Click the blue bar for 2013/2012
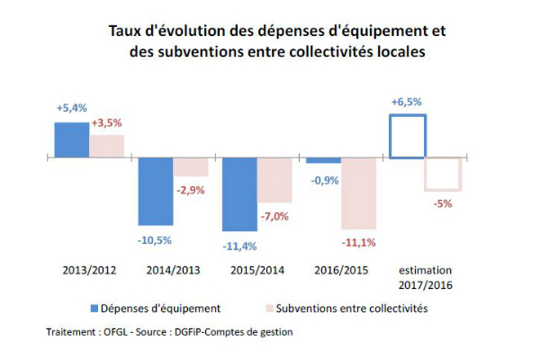72,139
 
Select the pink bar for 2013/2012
107,146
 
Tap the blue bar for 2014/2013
156,192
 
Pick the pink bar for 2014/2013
191,167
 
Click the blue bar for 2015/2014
239,194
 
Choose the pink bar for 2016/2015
358,193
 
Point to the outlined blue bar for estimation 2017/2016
407,136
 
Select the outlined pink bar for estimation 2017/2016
442,174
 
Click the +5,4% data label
71,108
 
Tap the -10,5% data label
155,240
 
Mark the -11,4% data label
239,246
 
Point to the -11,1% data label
358,243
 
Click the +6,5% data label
407,103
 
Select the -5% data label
443,204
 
